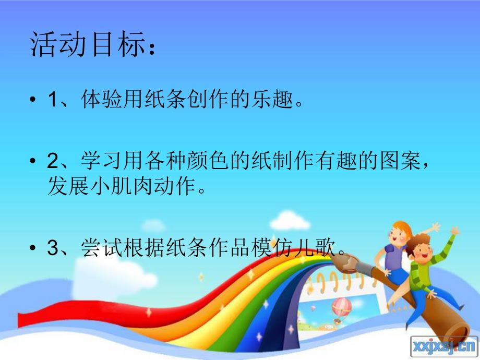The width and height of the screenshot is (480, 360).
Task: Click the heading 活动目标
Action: [x=87, y=46]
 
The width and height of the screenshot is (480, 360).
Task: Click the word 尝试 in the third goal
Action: [x=98, y=248]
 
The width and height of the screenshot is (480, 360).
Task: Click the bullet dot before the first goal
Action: [x=34, y=100]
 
